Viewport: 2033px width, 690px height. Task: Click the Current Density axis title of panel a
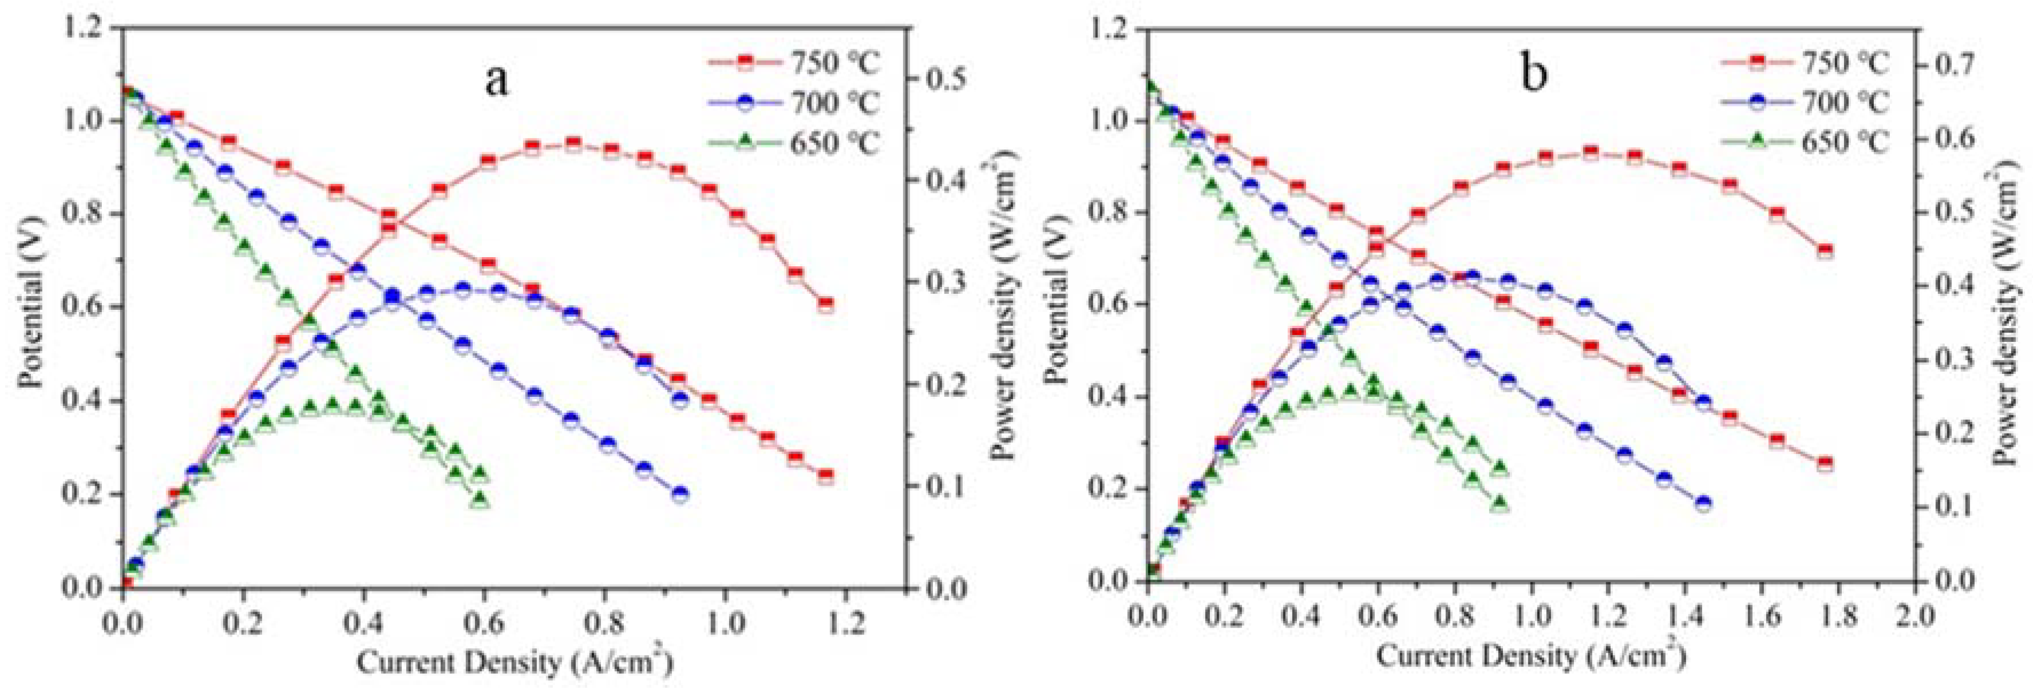click(x=515, y=661)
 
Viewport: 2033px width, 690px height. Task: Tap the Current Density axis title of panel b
click(x=1532, y=654)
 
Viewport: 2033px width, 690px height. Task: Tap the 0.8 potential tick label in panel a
click(x=87, y=214)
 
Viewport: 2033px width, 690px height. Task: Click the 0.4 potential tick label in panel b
click(x=1108, y=396)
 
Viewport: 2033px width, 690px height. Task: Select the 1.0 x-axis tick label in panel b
click(x=1533, y=615)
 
